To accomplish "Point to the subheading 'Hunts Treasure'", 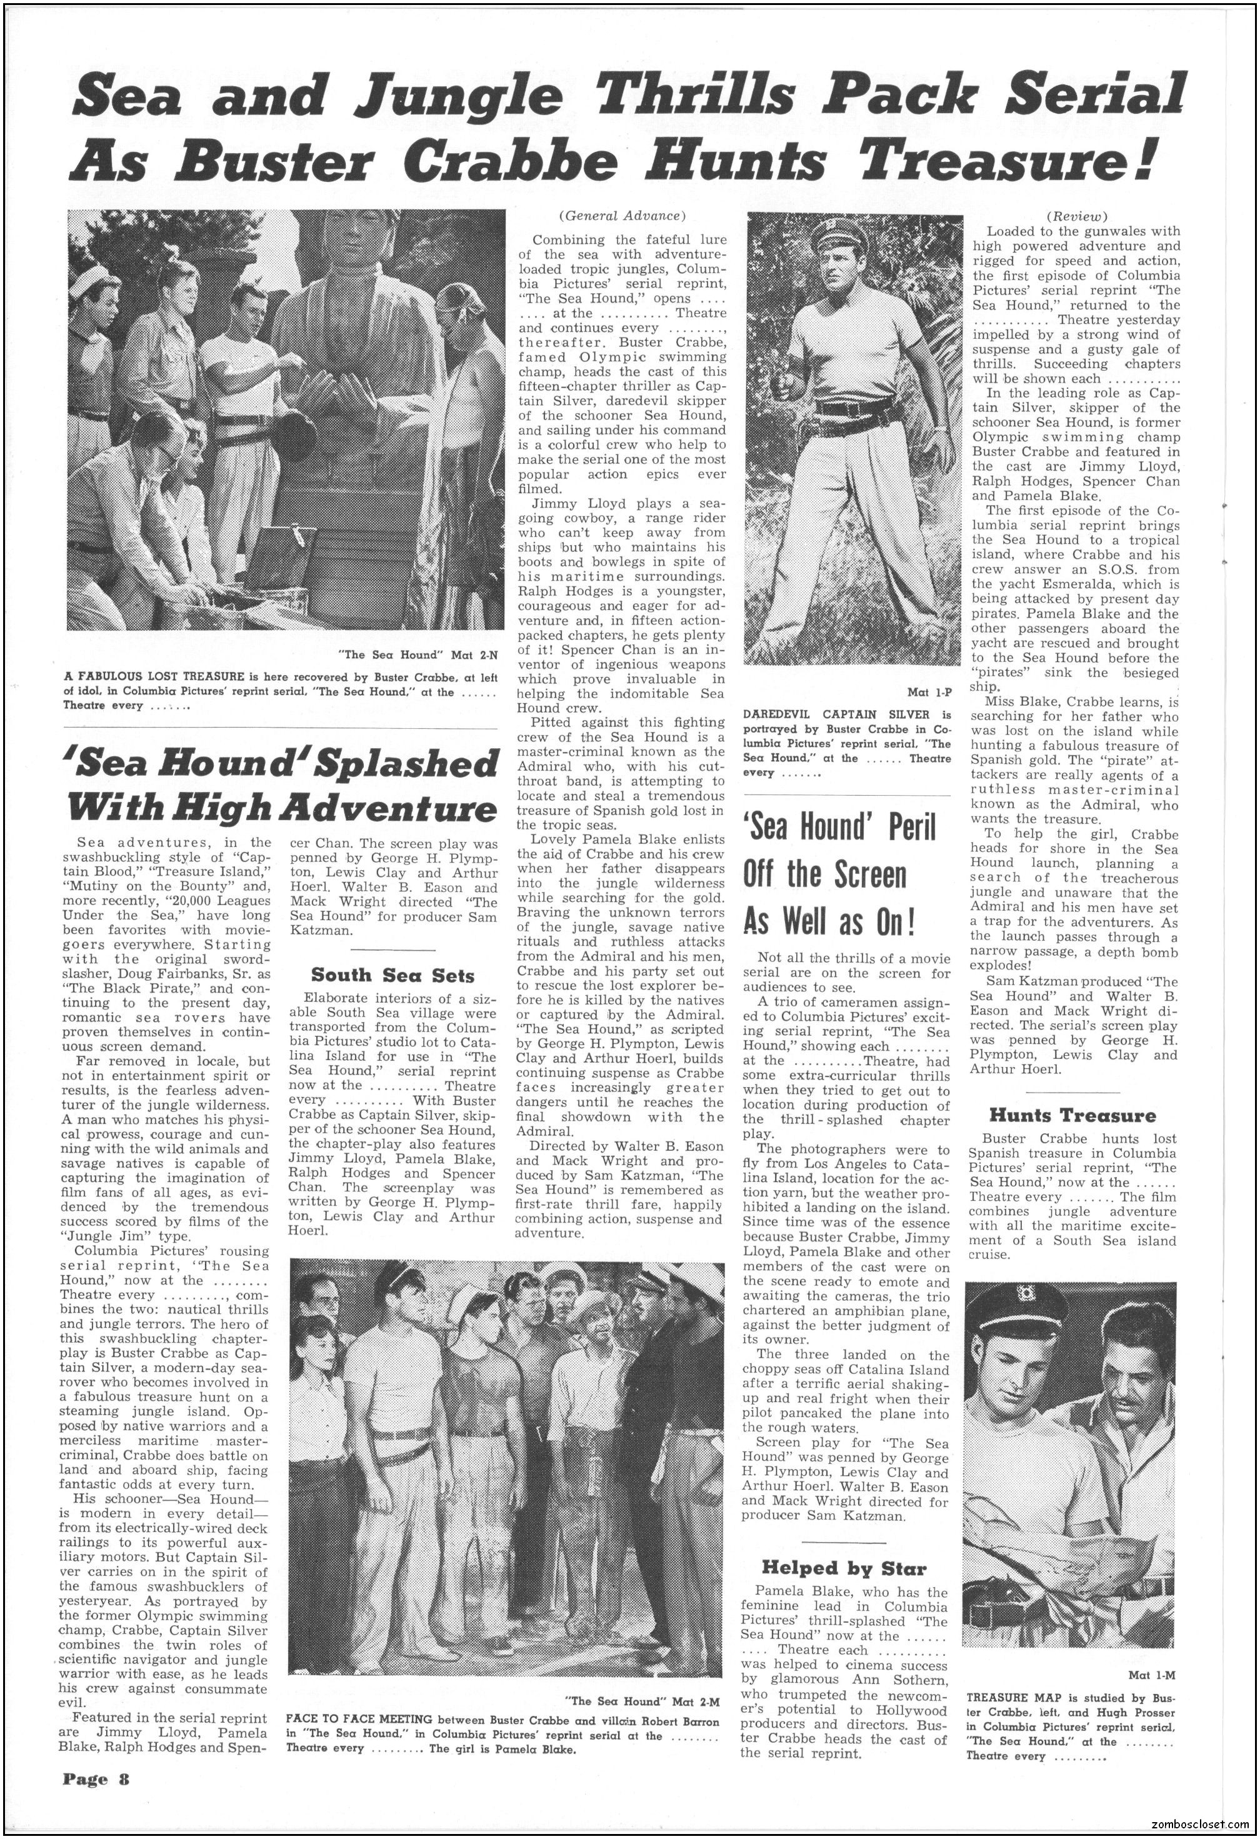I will [1072, 1116].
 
